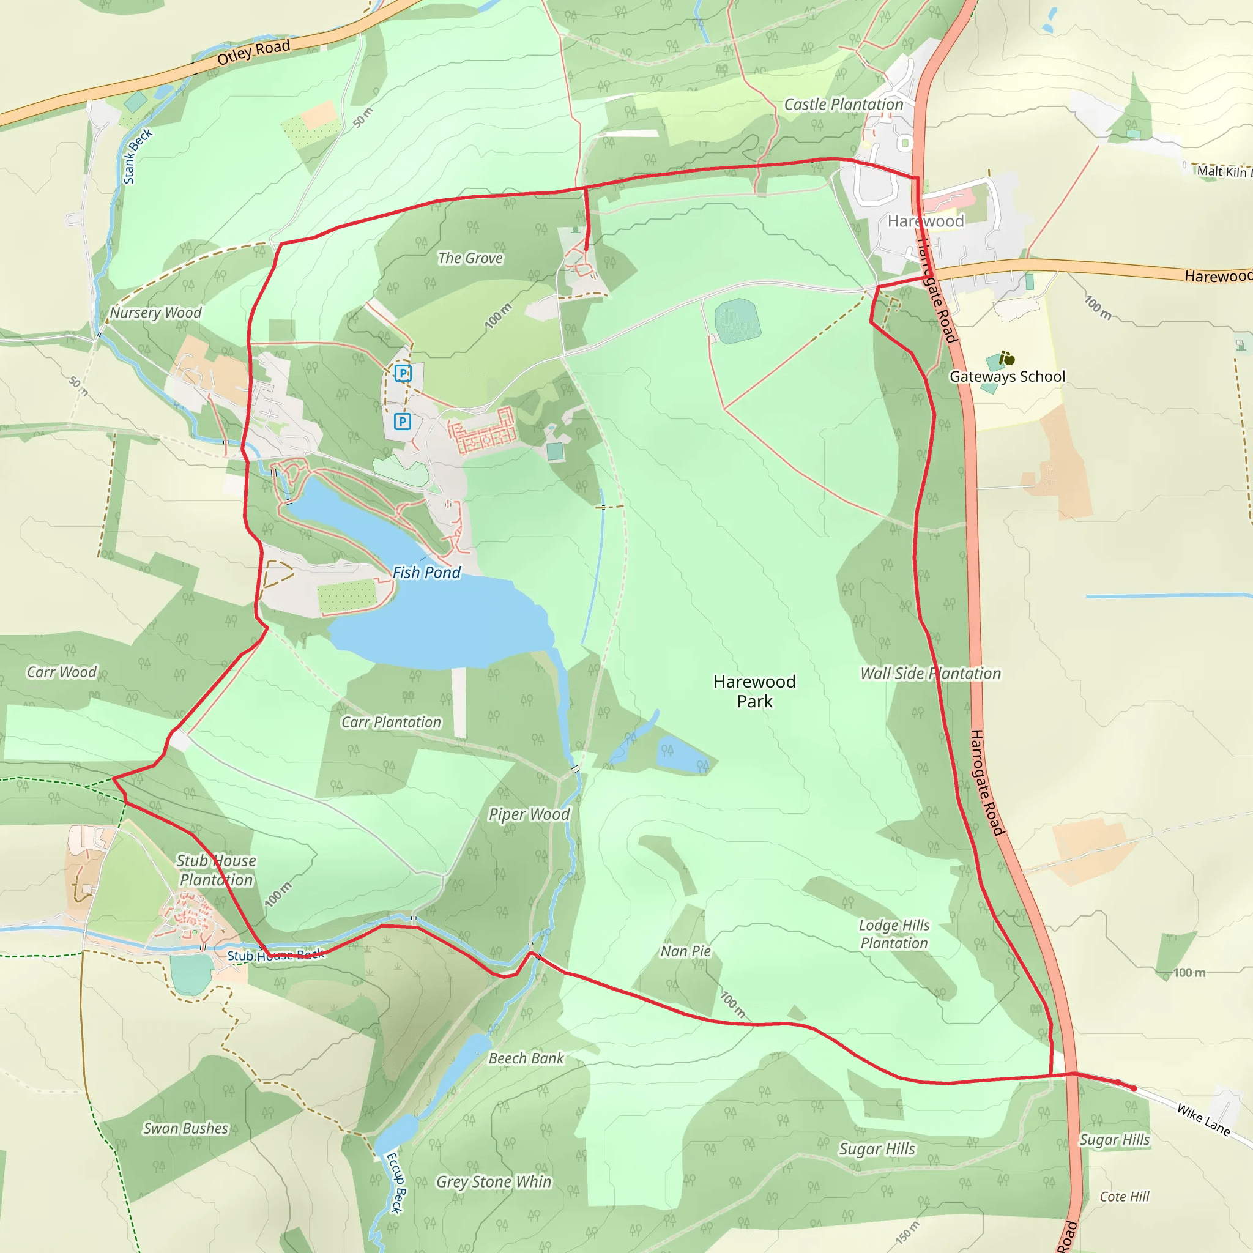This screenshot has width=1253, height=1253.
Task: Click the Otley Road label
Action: (253, 51)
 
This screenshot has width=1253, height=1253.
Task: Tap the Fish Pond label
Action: (426, 572)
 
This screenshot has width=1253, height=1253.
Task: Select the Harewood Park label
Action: (754, 691)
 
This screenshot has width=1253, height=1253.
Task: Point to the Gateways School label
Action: (1007, 377)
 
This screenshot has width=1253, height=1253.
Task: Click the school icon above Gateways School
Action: (1006, 358)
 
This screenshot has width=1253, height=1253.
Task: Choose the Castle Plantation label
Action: (843, 105)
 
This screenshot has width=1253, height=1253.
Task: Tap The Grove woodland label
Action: (470, 258)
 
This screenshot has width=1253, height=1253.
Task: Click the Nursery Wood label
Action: (155, 313)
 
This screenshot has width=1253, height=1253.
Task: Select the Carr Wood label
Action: (62, 672)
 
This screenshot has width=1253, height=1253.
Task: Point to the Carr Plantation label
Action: (391, 722)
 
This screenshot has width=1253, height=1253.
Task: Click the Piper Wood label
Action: (529, 814)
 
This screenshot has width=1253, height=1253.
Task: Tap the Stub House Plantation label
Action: (217, 871)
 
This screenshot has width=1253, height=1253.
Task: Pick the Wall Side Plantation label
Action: (931, 673)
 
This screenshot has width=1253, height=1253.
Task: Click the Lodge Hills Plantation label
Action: (894, 934)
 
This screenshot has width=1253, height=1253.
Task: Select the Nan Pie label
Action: (685, 951)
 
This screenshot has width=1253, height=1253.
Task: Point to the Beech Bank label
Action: (526, 1058)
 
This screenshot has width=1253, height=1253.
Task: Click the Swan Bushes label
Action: (186, 1128)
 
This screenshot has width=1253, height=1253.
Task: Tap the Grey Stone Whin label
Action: (494, 1181)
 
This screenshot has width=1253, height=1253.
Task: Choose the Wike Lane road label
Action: (1203, 1120)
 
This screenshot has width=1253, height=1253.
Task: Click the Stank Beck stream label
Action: (138, 155)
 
